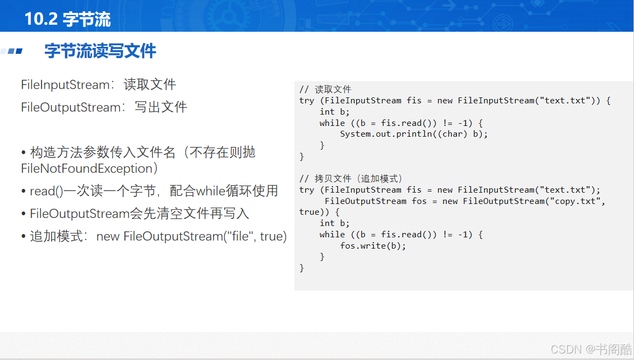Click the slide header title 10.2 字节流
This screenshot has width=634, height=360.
pyautogui.click(x=67, y=19)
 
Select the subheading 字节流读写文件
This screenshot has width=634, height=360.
pyautogui.click(x=100, y=51)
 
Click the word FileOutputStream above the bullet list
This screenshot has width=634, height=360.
pyautogui.click(x=71, y=107)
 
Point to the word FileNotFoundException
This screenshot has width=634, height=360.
pyautogui.click(x=87, y=168)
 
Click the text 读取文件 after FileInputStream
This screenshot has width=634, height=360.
pyautogui.click(x=150, y=84)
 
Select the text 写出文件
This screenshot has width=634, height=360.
pyautogui.click(x=160, y=107)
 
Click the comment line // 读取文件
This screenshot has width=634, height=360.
pyautogui.click(x=325, y=89)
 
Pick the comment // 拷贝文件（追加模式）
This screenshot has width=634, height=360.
pyautogui.click(x=350, y=179)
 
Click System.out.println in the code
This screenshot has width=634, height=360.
pyautogui.click(x=386, y=134)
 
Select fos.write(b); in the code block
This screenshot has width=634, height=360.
pyautogui.click(x=373, y=245)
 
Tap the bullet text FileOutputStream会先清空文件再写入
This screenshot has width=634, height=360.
pyautogui.click(x=139, y=213)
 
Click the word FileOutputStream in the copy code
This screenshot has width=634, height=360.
pyautogui.click(x=365, y=201)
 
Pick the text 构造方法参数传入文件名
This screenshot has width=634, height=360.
pyautogui.click(x=103, y=152)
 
